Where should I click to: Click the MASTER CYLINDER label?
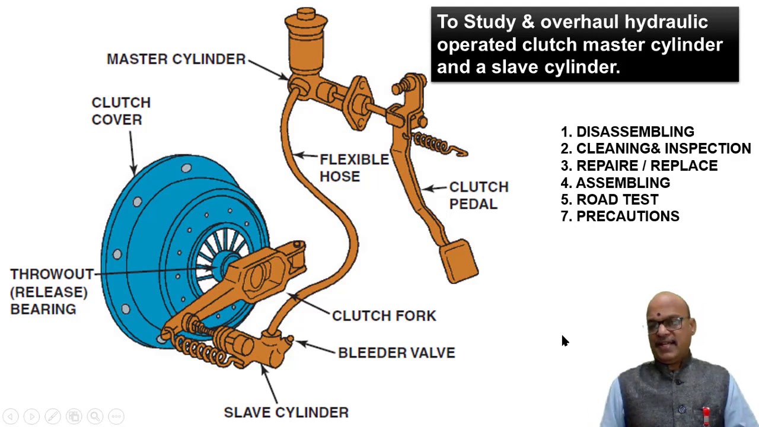(176, 59)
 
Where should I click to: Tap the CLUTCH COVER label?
(120, 111)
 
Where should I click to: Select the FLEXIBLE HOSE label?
(353, 168)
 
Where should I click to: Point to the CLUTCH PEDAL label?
(478, 195)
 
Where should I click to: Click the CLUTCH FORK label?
(384, 316)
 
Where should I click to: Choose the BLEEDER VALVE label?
(396, 353)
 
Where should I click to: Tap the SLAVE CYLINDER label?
(286, 412)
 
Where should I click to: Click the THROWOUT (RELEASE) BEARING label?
(51, 291)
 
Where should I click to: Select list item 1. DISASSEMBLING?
(627, 132)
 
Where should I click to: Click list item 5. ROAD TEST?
(610, 200)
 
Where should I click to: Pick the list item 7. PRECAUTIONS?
(620, 216)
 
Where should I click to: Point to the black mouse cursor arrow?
(564, 340)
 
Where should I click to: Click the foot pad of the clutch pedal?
(458, 261)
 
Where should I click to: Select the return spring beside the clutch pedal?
(438, 145)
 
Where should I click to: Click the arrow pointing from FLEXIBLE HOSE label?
(305, 156)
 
